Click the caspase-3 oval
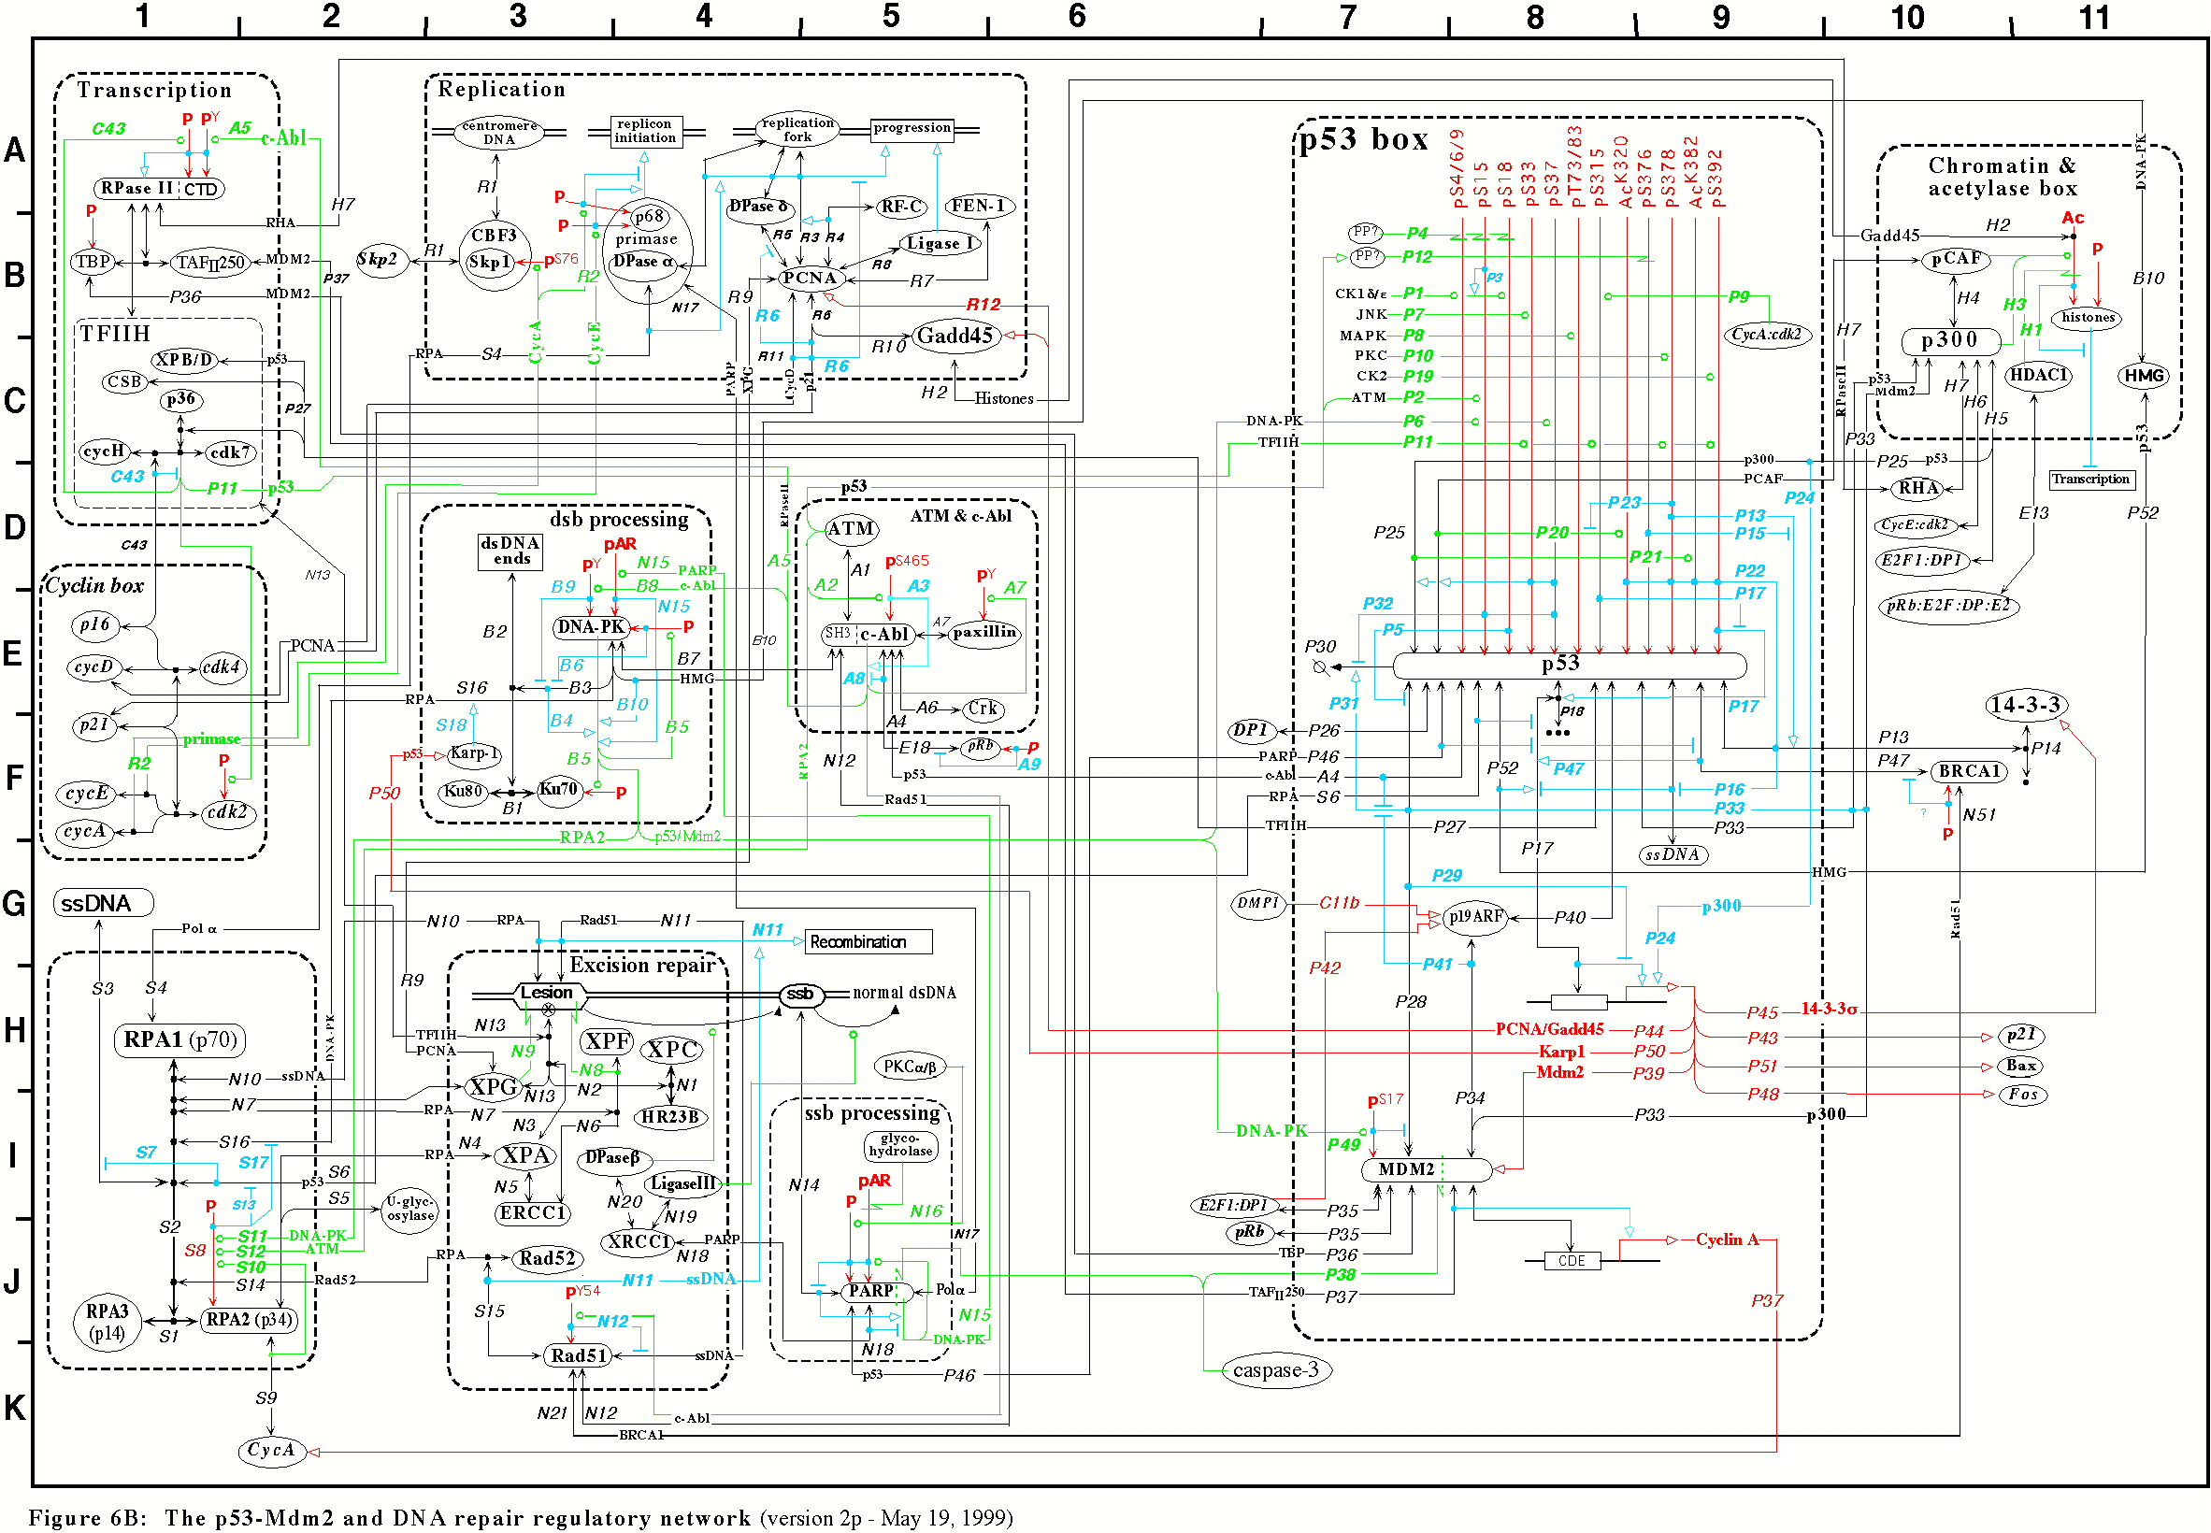pos(1274,1369)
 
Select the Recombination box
pos(868,941)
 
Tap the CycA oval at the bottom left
pos(271,1451)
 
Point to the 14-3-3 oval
pos(2025,705)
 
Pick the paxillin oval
pos(983,633)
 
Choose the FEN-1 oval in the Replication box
pos(978,206)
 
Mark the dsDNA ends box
pos(511,552)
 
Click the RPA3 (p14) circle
pos(107,1323)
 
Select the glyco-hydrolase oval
pos(899,1145)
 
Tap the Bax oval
pos(2020,1066)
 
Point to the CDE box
pos(1572,1260)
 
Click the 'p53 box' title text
pos(1365,140)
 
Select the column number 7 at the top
pos(1347,16)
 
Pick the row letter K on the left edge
pos(14,1407)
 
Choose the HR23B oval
pos(671,1117)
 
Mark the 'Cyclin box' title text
pos(95,586)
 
